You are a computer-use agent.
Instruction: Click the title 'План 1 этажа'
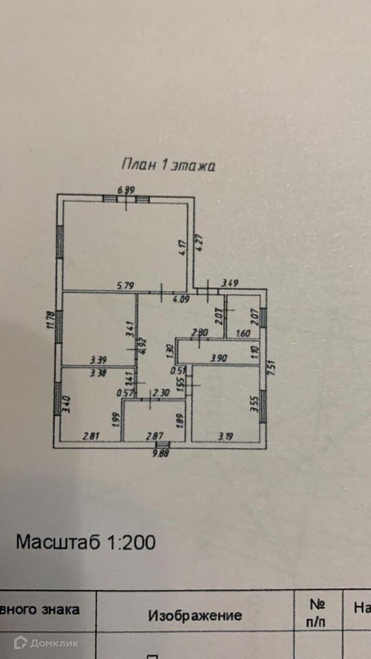point(168,165)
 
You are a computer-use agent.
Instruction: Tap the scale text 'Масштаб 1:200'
point(85,542)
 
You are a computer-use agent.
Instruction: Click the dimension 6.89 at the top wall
point(126,190)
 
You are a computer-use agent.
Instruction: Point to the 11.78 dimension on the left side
point(51,320)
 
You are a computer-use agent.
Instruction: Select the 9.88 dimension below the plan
point(160,452)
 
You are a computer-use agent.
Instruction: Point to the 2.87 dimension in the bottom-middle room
point(155,436)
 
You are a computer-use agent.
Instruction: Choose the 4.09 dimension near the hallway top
point(181,299)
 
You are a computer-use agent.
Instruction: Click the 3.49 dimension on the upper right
point(229,283)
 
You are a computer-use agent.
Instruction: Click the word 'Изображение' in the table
point(195,616)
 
